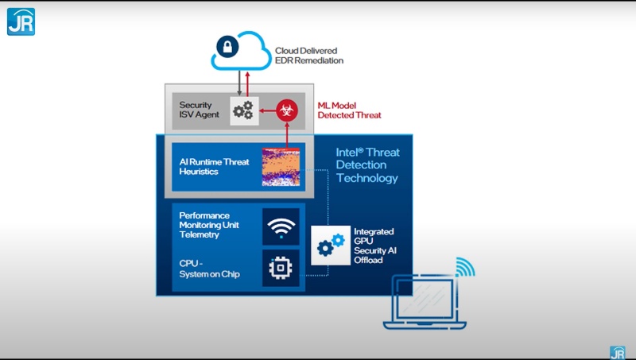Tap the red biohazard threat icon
point(287,110)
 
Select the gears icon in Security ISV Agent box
point(242,110)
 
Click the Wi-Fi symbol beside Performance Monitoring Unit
point(281,226)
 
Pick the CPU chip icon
point(281,269)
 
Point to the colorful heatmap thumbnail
point(281,167)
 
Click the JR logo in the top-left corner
point(21,21)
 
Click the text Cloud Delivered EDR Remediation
point(309,55)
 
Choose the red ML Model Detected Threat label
point(349,110)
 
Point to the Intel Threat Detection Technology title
point(367,165)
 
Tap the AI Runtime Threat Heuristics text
point(214,167)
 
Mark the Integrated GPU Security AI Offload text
point(374,246)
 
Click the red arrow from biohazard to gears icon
point(266,110)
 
